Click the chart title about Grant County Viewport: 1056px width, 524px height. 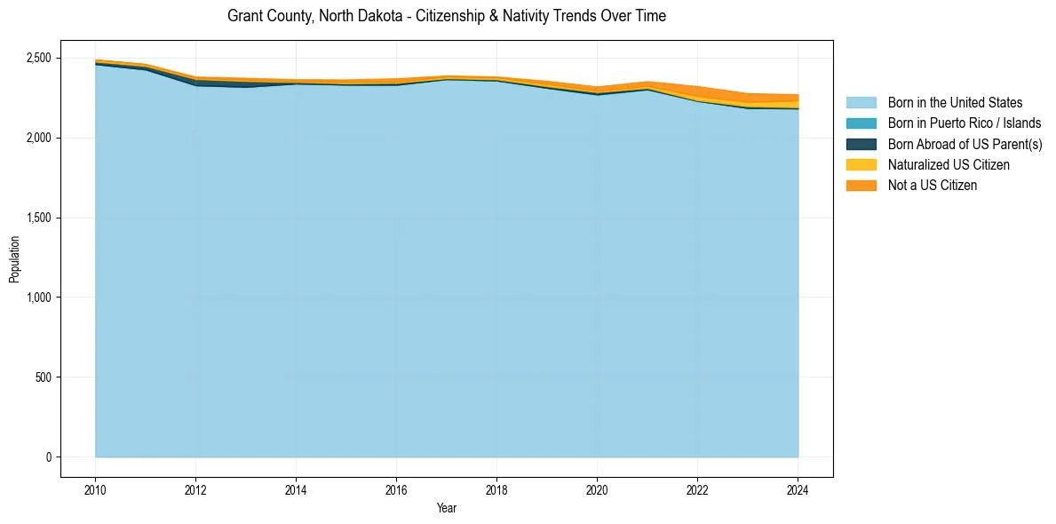click(x=446, y=16)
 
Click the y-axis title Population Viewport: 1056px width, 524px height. click(x=13, y=258)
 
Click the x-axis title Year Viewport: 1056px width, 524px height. click(x=447, y=508)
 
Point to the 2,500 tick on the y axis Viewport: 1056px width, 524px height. click(x=39, y=59)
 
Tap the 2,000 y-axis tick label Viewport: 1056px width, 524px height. click(x=39, y=138)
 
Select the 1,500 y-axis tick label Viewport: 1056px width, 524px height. click(x=39, y=218)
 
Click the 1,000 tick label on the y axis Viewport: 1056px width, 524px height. click(x=39, y=298)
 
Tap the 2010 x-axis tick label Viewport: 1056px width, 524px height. click(x=95, y=488)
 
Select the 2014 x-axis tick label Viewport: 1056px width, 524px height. click(x=296, y=488)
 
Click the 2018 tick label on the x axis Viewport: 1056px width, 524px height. click(x=496, y=488)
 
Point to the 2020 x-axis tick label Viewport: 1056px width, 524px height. click(x=597, y=488)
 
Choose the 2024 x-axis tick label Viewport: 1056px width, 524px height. click(x=798, y=488)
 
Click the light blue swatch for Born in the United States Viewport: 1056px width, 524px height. click(x=861, y=103)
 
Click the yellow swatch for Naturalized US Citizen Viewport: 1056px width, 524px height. click(x=861, y=164)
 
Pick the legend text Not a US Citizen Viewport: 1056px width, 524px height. click(x=932, y=186)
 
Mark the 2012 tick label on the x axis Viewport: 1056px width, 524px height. click(x=195, y=488)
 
